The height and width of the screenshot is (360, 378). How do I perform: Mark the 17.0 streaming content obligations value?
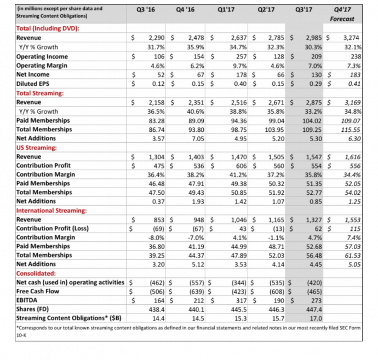[315, 318]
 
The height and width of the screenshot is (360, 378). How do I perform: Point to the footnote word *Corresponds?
[35, 327]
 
